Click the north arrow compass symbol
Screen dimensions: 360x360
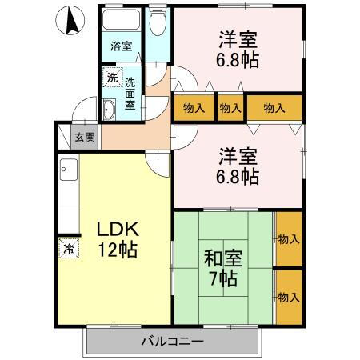click(x=70, y=21)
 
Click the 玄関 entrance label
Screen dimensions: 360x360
click(x=85, y=137)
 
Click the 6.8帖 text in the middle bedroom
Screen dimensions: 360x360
click(x=237, y=177)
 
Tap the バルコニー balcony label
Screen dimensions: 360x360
click(x=172, y=342)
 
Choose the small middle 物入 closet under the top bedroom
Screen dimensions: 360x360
click(x=230, y=107)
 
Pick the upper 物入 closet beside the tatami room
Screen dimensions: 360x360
click(x=288, y=239)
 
